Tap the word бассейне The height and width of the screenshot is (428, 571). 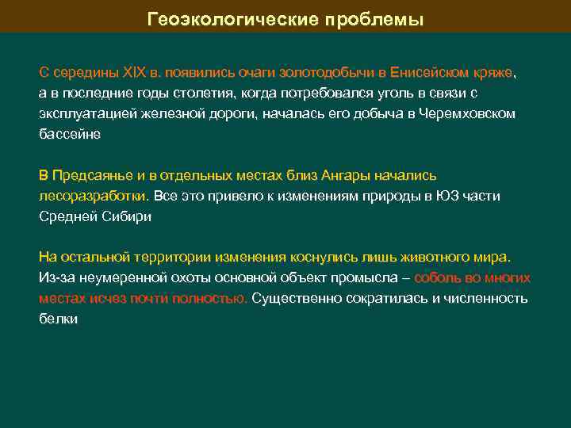[70, 134]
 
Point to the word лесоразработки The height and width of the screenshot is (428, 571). [92, 196]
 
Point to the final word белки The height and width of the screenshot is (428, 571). [58, 319]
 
